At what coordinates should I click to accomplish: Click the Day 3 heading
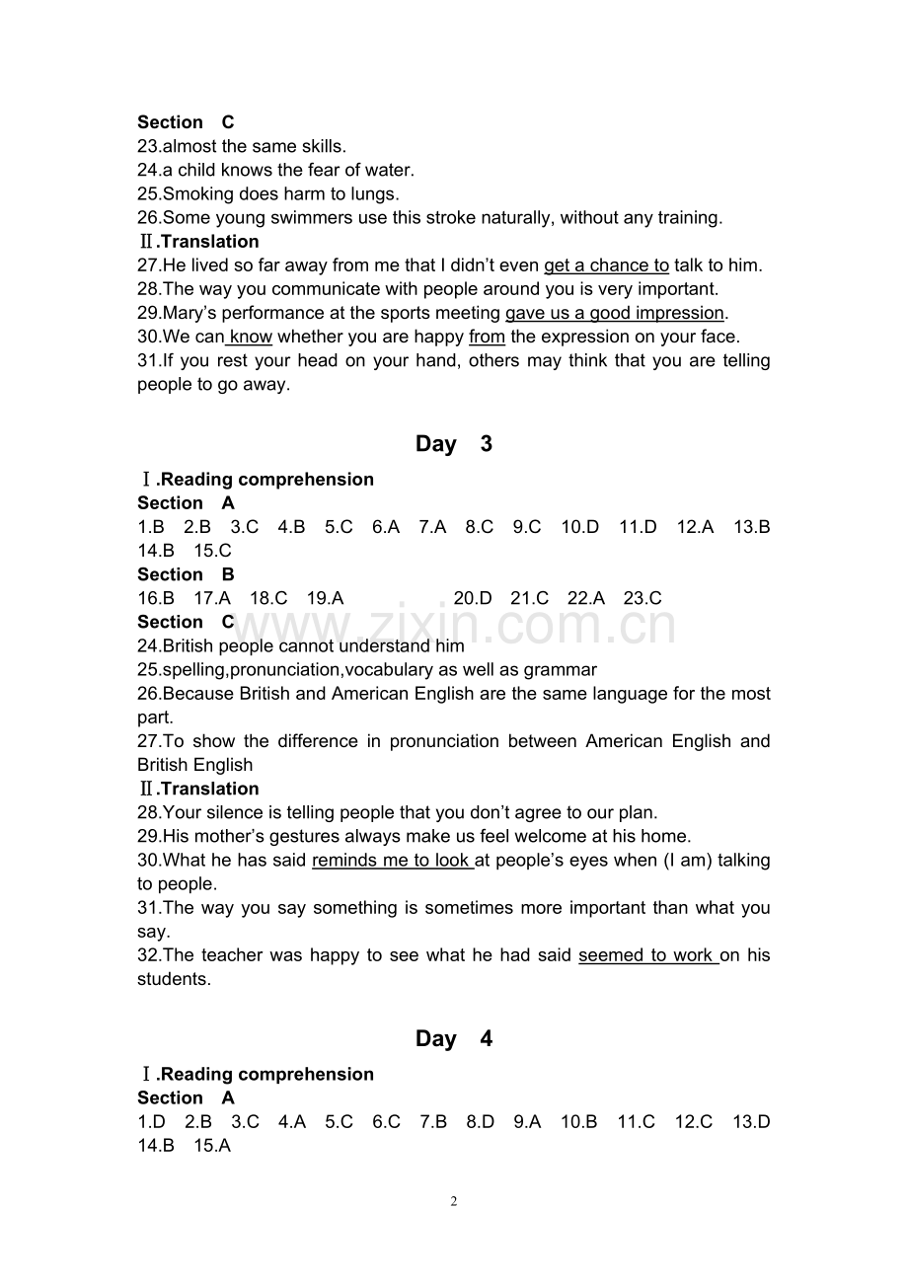coord(453,444)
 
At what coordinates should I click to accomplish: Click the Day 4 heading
coord(453,1039)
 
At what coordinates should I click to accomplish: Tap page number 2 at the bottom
coord(454,1201)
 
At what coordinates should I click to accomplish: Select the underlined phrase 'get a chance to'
coord(606,265)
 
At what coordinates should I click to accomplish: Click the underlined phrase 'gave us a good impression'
coord(615,313)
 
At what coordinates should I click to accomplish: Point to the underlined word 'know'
coord(251,337)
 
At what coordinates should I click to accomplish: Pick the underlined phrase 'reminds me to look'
coord(392,861)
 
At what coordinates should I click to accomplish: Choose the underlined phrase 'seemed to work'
coord(646,955)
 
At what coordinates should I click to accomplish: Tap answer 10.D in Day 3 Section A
coord(579,527)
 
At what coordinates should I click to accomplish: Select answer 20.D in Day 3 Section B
coord(473,598)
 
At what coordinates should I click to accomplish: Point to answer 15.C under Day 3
coord(212,551)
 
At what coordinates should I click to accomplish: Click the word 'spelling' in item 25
coord(194,670)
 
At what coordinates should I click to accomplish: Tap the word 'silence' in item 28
coord(231,813)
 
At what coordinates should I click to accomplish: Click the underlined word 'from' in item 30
coord(487,337)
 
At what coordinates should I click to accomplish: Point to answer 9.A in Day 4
coord(527,1122)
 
